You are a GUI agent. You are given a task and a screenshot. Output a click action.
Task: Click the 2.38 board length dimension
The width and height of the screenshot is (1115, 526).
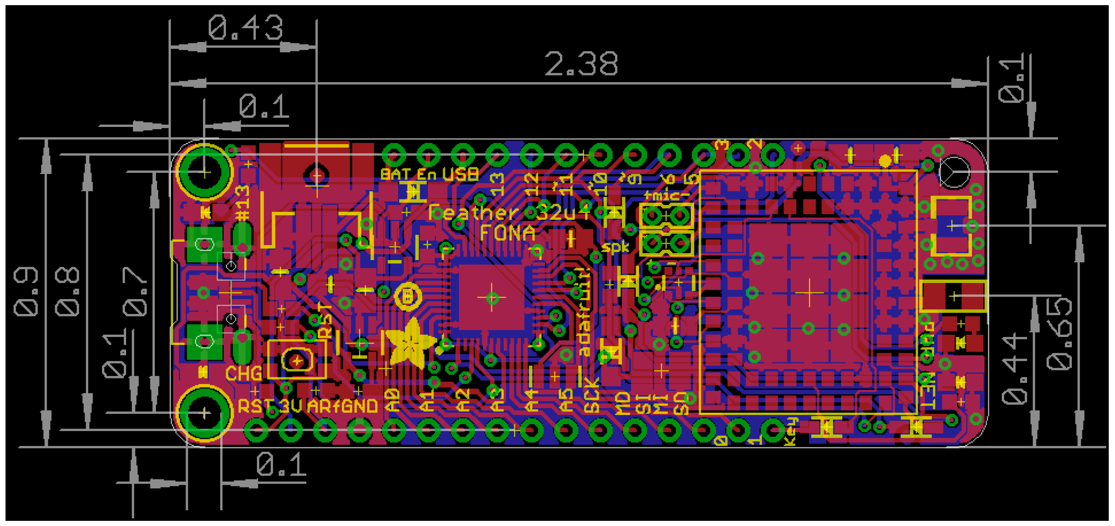[581, 64]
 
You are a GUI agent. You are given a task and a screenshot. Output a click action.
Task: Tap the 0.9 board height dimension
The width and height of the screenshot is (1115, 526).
[26, 292]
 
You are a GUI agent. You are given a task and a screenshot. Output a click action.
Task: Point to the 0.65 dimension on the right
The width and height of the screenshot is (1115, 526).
[1059, 333]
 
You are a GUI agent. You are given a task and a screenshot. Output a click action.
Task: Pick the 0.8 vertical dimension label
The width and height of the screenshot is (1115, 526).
[68, 292]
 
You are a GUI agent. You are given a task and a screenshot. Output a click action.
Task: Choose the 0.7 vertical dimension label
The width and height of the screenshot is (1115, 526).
[135, 292]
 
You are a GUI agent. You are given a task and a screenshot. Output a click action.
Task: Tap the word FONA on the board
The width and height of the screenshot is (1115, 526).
[507, 233]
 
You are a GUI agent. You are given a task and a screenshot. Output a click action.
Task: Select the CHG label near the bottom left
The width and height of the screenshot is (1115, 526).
[243, 374]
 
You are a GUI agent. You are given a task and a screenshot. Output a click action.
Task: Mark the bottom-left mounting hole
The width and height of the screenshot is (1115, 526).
[205, 413]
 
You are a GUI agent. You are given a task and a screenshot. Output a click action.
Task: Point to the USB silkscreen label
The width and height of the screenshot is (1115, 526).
[460, 174]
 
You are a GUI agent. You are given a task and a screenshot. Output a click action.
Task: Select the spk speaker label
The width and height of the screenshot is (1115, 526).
[615, 247]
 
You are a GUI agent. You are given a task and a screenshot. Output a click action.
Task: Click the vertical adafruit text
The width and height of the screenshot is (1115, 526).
[584, 312]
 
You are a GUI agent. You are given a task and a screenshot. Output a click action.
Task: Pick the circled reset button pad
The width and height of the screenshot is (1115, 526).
[297, 360]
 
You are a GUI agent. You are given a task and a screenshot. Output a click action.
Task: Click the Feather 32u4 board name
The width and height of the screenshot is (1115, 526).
[508, 212]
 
